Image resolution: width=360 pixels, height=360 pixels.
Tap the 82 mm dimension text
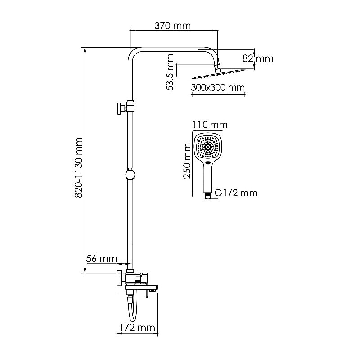tap(264, 58)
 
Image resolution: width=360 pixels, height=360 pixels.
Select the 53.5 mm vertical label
tap(170, 72)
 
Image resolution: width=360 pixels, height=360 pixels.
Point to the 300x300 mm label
tap(217, 87)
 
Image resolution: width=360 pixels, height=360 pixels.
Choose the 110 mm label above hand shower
tap(209, 125)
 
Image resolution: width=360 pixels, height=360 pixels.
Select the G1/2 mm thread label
tap(236, 193)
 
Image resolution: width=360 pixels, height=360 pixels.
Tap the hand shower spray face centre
tap(208, 147)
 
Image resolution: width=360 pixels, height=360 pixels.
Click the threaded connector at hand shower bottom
tap(207, 194)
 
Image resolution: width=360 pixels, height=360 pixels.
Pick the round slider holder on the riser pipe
tap(130, 175)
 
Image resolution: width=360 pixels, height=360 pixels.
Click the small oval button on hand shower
tap(208, 163)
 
